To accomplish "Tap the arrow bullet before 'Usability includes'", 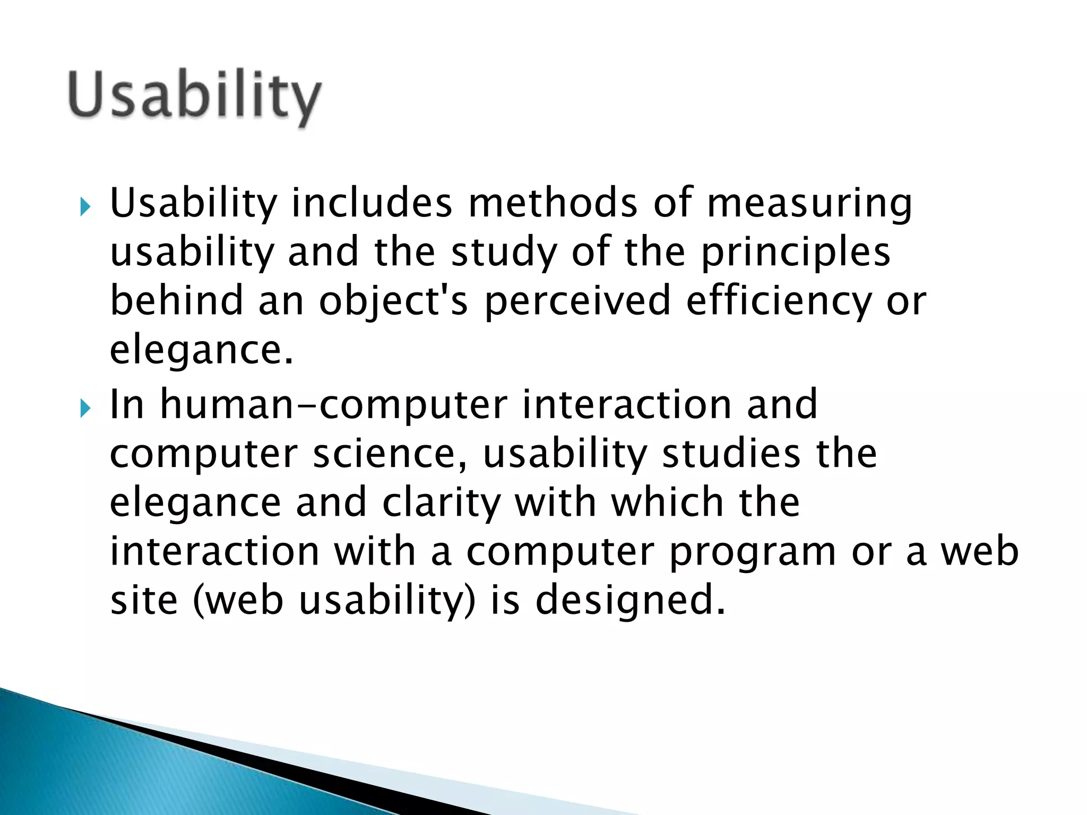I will pyautogui.click(x=85, y=206).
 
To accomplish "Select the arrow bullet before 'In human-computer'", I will pyautogui.click(x=85, y=408).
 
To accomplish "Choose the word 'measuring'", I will pyautogui.click(x=809, y=204).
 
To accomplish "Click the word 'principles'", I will pyautogui.click(x=796, y=253).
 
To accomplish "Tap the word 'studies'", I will pyautogui.click(x=732, y=454).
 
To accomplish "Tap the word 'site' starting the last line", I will pyautogui.click(x=144, y=600).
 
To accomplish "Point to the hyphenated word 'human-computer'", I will pyautogui.click(x=334, y=405).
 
